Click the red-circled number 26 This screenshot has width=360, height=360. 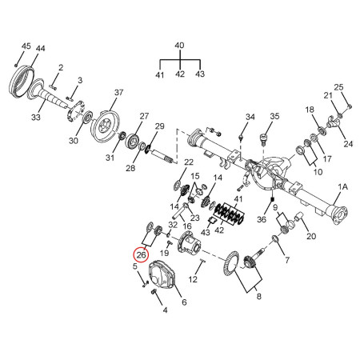click(x=141, y=255)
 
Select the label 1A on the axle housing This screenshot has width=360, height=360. click(x=343, y=186)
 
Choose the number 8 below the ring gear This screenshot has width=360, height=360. click(x=258, y=295)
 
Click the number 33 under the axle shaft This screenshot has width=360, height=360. click(x=35, y=117)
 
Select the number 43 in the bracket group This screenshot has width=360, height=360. click(x=200, y=74)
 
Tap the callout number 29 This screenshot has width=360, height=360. click(x=159, y=126)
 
